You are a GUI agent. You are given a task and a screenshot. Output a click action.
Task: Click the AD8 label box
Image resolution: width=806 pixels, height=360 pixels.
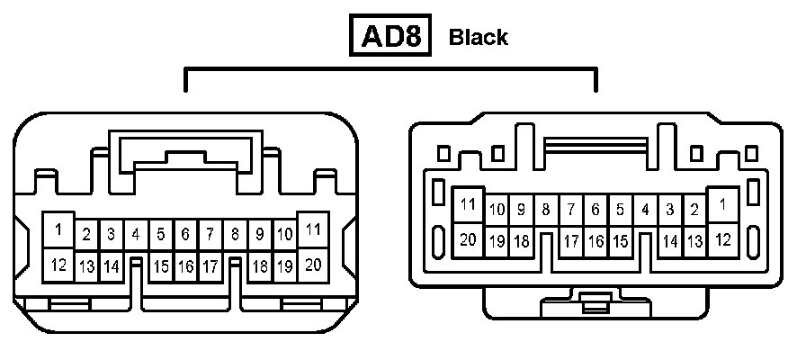click(390, 36)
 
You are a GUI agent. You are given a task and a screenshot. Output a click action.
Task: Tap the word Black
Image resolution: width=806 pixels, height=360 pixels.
click(478, 38)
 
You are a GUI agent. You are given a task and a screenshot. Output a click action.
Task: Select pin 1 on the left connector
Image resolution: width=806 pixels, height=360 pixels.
click(58, 229)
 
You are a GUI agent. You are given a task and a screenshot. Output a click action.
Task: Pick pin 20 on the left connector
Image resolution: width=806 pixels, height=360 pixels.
click(313, 264)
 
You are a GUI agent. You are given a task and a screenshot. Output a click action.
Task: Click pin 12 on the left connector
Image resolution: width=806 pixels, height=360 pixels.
click(58, 265)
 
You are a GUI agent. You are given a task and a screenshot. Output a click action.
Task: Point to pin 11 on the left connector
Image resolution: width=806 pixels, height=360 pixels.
click(313, 229)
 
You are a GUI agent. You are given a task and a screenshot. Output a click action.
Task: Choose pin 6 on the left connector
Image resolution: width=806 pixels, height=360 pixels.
click(185, 235)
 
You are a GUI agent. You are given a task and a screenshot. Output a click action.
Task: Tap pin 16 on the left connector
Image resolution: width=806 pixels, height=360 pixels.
click(185, 266)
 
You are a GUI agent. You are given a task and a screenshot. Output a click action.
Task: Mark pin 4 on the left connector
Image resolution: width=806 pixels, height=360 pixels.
click(136, 235)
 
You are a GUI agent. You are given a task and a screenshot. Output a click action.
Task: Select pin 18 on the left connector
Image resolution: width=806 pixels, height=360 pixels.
click(260, 266)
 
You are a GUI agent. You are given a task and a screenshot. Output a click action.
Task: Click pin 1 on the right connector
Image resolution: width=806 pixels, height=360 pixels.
click(722, 205)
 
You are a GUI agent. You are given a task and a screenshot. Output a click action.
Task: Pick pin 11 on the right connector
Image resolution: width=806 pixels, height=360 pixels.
click(468, 205)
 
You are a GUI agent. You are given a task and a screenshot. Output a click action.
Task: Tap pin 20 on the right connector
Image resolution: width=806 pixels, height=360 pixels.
click(468, 239)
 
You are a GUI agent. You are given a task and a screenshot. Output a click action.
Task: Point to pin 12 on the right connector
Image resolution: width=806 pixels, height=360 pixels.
click(722, 239)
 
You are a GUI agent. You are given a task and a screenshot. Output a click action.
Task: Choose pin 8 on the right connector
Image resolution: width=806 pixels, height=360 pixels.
click(546, 210)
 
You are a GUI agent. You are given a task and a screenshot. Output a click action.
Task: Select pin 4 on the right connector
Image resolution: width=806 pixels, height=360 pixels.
click(645, 210)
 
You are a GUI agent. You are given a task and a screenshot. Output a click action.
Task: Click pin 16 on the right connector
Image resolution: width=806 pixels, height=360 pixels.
click(596, 241)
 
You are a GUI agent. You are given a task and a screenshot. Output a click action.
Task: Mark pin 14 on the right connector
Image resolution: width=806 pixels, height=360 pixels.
click(670, 241)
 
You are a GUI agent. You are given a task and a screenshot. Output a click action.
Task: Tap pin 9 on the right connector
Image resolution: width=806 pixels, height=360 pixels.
click(521, 210)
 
